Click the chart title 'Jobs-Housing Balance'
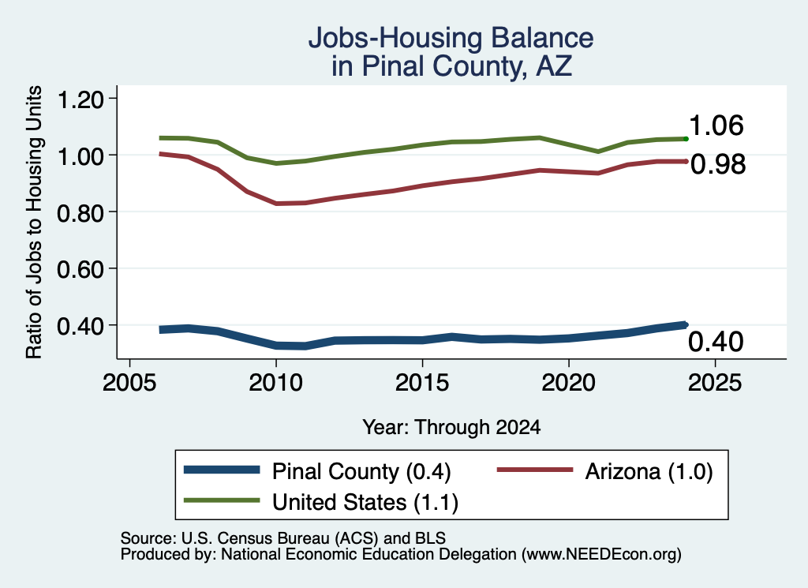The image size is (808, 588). pyautogui.click(x=451, y=38)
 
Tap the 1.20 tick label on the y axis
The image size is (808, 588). pyautogui.click(x=80, y=99)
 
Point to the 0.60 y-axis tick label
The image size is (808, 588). pyautogui.click(x=80, y=268)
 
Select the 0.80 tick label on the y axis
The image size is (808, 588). pyautogui.click(x=80, y=212)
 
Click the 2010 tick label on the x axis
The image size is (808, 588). pyautogui.click(x=275, y=382)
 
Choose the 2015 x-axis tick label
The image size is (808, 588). pyautogui.click(x=422, y=382)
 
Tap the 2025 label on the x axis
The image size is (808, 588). pyautogui.click(x=715, y=382)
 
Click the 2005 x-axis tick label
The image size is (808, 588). pyautogui.click(x=130, y=382)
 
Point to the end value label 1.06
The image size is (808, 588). pyautogui.click(x=716, y=125)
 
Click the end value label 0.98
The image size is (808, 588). pyautogui.click(x=718, y=164)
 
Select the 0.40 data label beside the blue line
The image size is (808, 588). pyautogui.click(x=716, y=341)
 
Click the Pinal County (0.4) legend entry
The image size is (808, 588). pyautogui.click(x=317, y=471)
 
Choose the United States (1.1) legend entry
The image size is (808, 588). pyautogui.click(x=321, y=501)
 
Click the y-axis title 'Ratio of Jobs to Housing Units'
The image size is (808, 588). pyautogui.click(x=34, y=222)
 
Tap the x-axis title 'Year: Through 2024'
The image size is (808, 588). pyautogui.click(x=451, y=427)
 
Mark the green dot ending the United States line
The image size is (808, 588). pyautogui.click(x=686, y=139)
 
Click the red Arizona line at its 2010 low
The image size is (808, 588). pyautogui.click(x=277, y=204)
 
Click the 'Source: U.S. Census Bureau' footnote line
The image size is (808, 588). pyautogui.click(x=283, y=538)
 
